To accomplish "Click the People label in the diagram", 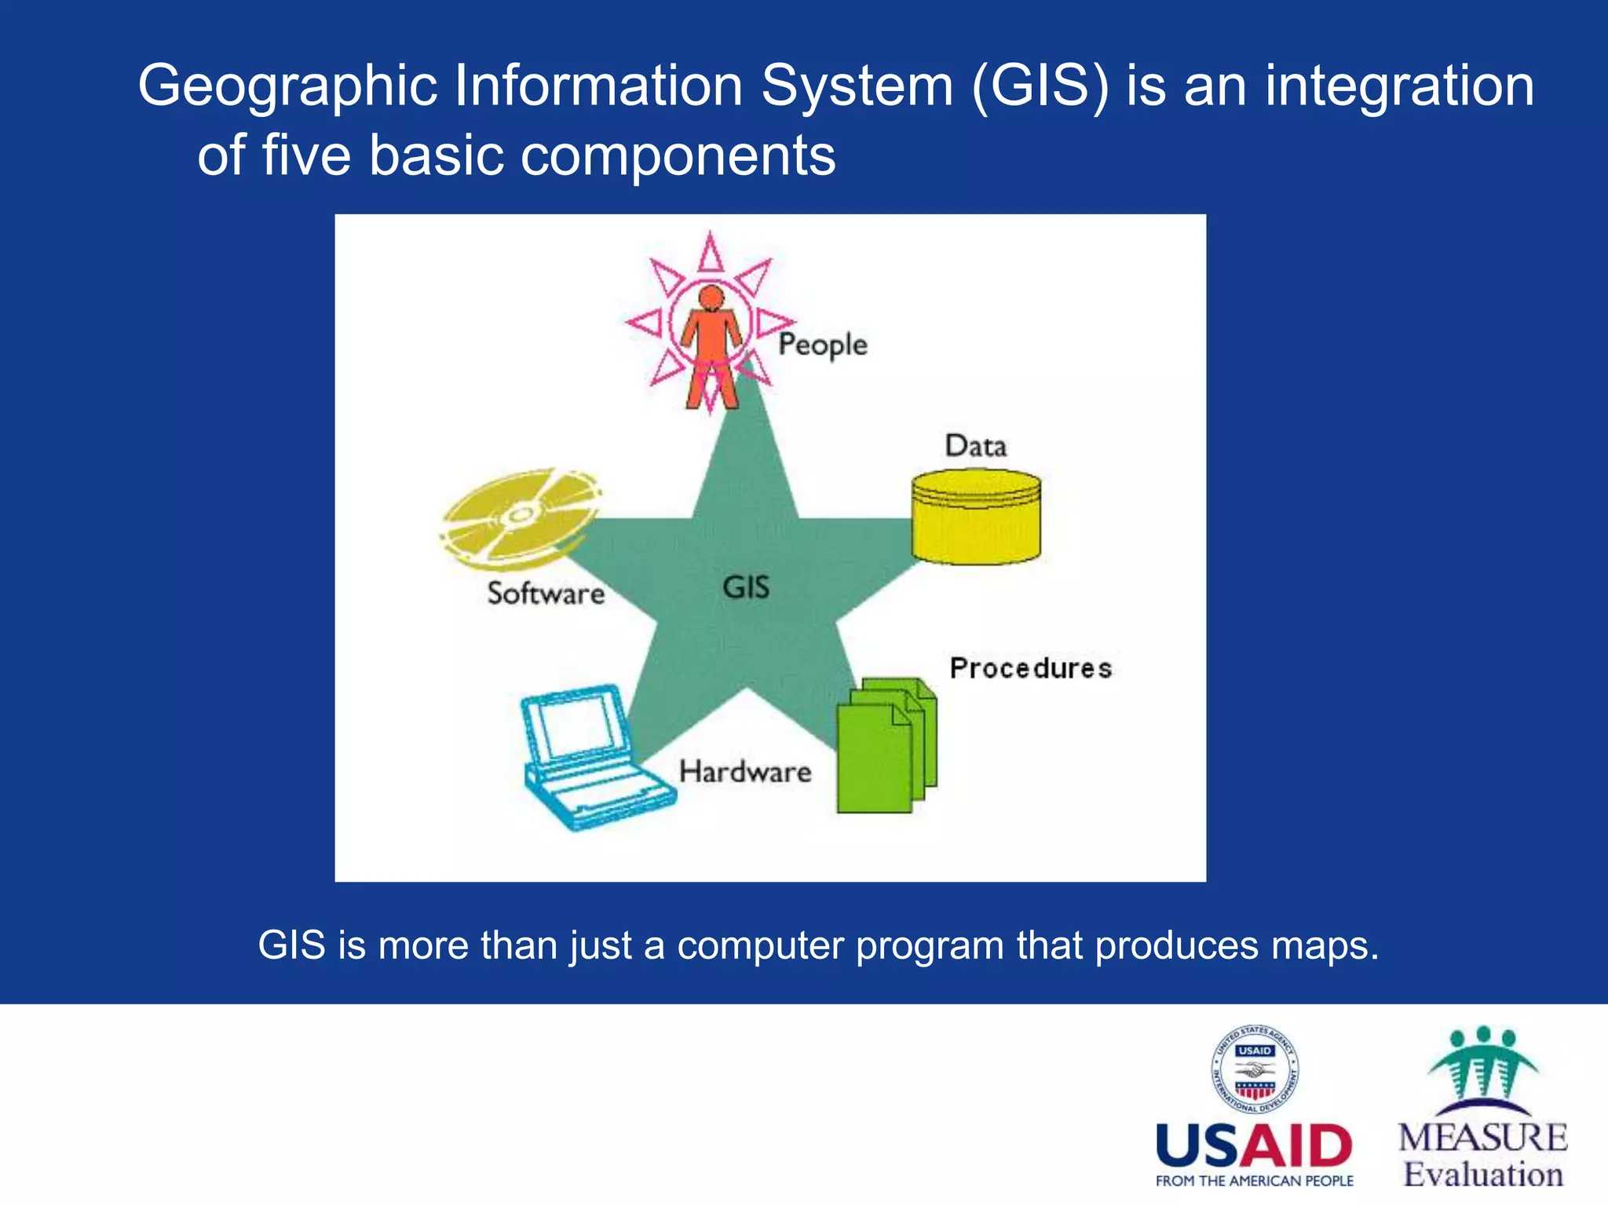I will click(822, 345).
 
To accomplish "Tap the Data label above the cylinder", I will click(975, 446).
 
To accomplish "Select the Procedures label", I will click(1030, 668).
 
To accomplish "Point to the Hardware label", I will click(744, 772).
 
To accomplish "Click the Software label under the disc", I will click(546, 594).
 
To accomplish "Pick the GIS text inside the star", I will click(746, 587).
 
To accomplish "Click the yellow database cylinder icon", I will click(976, 517).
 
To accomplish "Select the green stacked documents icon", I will click(886, 746).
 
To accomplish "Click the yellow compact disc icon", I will click(520, 517).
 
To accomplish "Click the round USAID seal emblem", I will click(1255, 1070).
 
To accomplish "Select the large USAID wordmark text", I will click(1254, 1146).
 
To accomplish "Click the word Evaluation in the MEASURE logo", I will click(1483, 1175).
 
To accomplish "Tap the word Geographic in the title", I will click(287, 86).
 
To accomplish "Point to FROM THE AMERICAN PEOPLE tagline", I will click(1254, 1181).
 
